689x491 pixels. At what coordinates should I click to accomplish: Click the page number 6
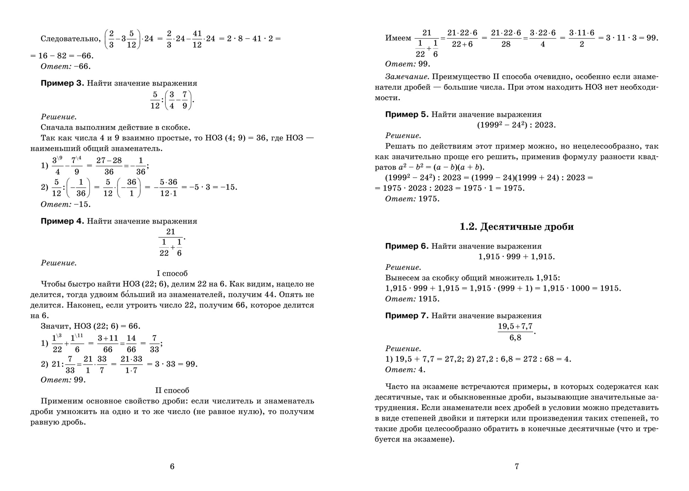click(172, 467)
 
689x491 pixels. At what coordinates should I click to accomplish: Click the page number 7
click(517, 467)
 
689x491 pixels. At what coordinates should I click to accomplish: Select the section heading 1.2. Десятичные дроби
click(517, 227)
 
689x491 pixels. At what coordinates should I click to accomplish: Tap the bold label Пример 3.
click(62, 83)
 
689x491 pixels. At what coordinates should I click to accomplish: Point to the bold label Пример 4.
click(62, 221)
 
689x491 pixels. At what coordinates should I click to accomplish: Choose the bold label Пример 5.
click(407, 115)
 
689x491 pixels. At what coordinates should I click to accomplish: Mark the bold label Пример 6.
click(407, 246)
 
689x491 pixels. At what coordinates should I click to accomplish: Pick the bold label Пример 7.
click(407, 316)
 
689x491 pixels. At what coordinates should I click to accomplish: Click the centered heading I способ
click(172, 273)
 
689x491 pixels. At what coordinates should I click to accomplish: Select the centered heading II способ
click(172, 390)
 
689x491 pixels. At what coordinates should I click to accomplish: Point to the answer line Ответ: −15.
click(66, 204)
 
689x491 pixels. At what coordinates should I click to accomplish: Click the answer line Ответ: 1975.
click(412, 199)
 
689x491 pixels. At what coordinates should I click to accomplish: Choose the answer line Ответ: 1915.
click(412, 299)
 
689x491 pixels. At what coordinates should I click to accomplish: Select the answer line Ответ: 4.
click(405, 369)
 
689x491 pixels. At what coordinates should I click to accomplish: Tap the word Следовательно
click(70, 39)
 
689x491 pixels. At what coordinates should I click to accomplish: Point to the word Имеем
click(398, 38)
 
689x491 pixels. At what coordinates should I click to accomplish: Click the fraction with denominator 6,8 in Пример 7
click(515, 332)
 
